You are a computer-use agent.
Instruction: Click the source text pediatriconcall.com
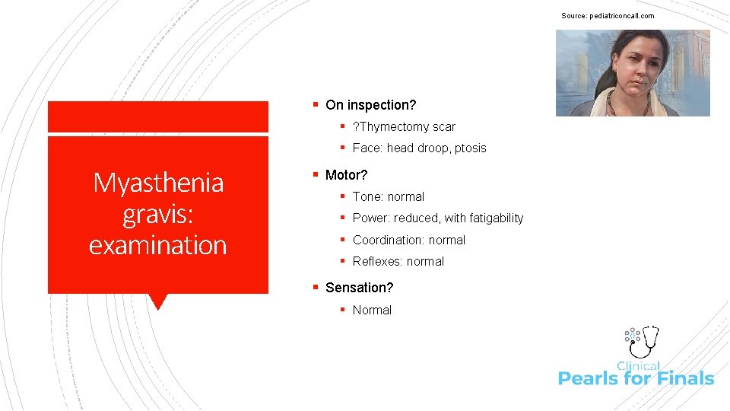(608, 16)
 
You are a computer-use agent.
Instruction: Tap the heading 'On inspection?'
(370, 105)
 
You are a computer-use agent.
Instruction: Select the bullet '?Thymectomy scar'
(403, 126)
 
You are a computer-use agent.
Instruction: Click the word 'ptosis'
(471, 148)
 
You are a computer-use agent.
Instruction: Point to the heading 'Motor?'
(346, 175)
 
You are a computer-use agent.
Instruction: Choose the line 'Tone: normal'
(388, 196)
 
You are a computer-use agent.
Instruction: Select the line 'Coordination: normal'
(408, 240)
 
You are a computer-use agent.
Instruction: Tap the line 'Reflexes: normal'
(398, 261)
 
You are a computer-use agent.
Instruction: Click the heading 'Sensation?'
(359, 288)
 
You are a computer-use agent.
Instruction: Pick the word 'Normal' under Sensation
(372, 310)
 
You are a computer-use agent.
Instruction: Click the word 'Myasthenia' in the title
(158, 183)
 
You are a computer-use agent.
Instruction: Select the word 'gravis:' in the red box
(158, 214)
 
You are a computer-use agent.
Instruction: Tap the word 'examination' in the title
(158, 245)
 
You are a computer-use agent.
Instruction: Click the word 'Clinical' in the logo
(639, 366)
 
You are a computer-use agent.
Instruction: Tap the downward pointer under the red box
(158, 301)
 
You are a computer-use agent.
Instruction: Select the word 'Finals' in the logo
(684, 378)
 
